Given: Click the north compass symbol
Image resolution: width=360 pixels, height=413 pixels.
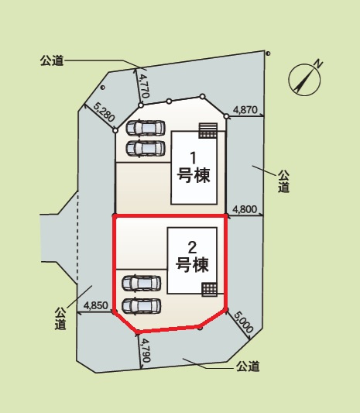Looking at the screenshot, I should [x=306, y=77].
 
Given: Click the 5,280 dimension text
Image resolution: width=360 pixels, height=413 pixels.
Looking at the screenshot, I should [x=104, y=114].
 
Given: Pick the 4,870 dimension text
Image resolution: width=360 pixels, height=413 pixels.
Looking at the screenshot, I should [x=245, y=110].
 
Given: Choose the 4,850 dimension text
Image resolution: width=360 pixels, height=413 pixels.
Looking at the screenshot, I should [x=98, y=305].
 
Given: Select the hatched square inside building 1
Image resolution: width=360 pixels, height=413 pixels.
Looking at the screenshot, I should [x=207, y=129].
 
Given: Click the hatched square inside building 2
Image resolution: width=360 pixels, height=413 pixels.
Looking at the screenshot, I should [x=208, y=289].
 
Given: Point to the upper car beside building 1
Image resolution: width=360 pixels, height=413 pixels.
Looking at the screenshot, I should [x=146, y=128].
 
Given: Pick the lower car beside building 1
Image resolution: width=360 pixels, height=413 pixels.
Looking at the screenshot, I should [x=146, y=147].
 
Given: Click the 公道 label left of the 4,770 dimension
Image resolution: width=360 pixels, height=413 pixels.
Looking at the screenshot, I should [x=50, y=60].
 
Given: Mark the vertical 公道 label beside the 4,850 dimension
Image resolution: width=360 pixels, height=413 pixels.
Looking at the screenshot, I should [x=60, y=318].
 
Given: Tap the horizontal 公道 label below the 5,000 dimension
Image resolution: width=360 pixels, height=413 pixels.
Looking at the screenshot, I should [x=248, y=366].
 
